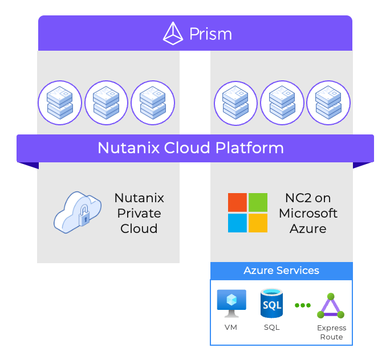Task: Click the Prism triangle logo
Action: click(x=173, y=33)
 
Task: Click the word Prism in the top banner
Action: click(x=210, y=34)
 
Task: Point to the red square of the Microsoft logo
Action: click(x=237, y=202)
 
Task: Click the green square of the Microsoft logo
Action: click(x=258, y=202)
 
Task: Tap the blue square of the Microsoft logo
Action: click(x=237, y=223)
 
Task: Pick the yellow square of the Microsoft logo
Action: click(x=258, y=223)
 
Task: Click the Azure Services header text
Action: click(x=281, y=271)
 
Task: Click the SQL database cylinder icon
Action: click(x=271, y=304)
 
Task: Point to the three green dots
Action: click(x=302, y=305)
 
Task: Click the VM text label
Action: click(x=231, y=328)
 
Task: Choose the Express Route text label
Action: click(x=331, y=332)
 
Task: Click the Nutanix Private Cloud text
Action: click(x=139, y=214)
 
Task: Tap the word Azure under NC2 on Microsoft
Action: click(x=308, y=229)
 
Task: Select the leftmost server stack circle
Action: click(x=60, y=103)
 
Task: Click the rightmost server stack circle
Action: click(x=328, y=103)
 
